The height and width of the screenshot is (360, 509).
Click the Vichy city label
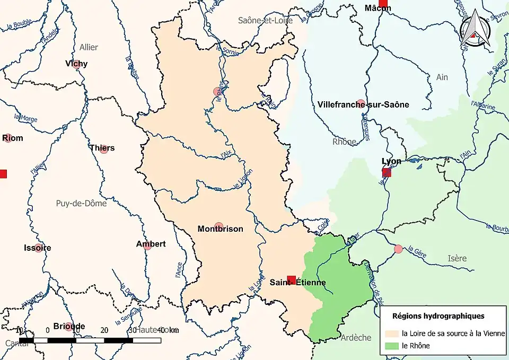pos(76,64)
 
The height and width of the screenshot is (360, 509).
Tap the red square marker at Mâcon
pos(383,3)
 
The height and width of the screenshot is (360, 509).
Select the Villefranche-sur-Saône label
pos(363,104)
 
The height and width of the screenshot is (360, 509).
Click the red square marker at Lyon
pos(387,172)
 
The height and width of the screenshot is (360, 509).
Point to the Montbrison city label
pos(220,229)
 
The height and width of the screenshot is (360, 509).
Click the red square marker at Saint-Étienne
pos(291,279)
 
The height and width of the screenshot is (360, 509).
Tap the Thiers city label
pos(102,148)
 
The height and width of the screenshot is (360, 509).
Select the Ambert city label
pos(151,244)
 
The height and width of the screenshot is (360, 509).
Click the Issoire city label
pos(38,248)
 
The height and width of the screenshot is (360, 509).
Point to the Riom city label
pos(13,138)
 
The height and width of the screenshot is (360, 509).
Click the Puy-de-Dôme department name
pos(81,203)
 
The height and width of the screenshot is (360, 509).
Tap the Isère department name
pos(457,258)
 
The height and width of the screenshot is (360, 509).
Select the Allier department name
pos(89,47)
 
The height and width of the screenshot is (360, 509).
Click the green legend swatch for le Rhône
pos(392,346)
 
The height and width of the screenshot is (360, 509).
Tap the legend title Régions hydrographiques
pos(438,315)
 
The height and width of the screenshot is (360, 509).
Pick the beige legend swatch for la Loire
pos(392,333)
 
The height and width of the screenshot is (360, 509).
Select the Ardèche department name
pos(355,338)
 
